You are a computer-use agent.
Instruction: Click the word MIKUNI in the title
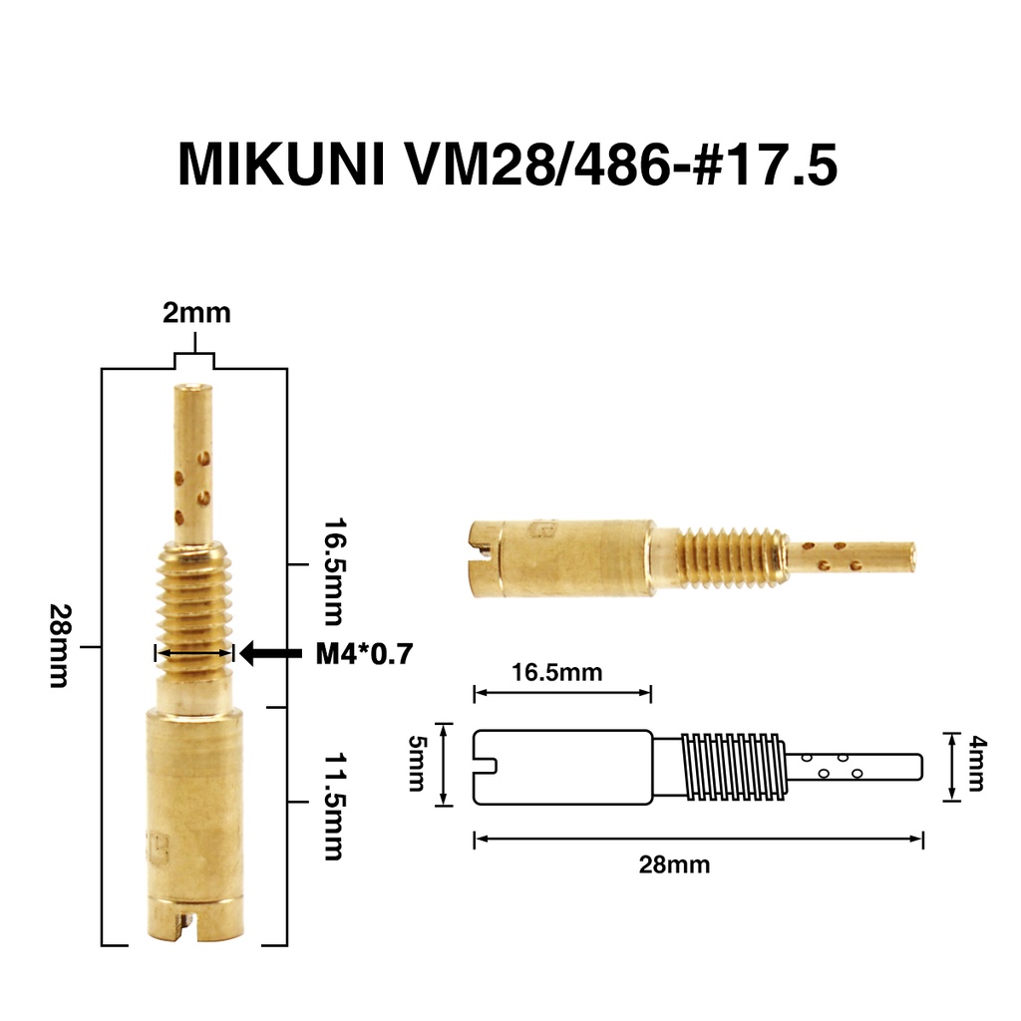(281, 166)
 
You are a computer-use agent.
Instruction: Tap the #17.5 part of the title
(765, 166)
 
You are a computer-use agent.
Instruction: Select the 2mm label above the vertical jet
(196, 313)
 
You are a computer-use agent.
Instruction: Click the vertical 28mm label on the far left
(59, 646)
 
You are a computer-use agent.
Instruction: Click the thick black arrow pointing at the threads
(271, 652)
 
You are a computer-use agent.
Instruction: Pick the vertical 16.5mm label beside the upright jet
(334, 571)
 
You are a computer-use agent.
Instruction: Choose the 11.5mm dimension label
(334, 807)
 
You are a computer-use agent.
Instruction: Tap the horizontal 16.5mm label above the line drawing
(557, 672)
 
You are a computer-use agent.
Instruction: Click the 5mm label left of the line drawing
(416, 763)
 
